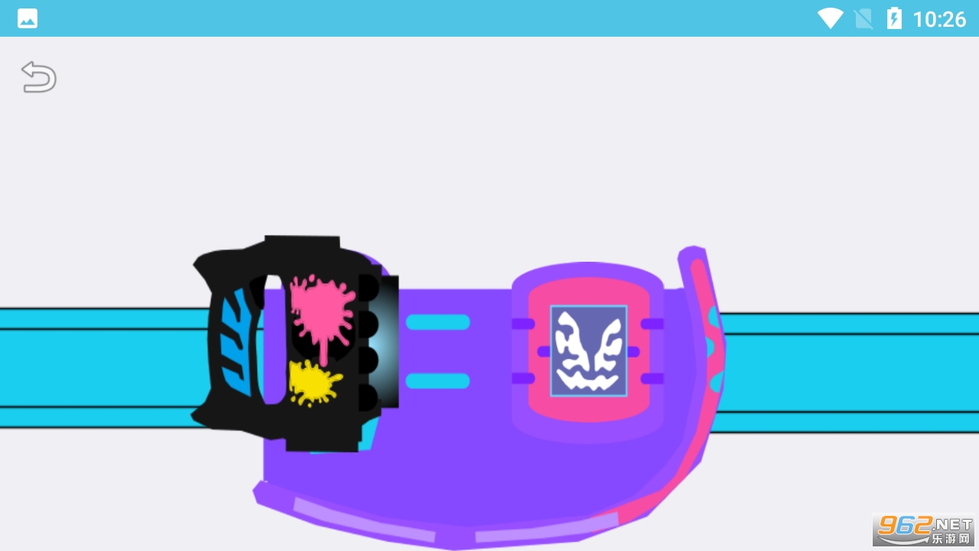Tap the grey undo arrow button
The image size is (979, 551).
click(x=39, y=77)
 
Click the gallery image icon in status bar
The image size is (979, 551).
click(x=27, y=19)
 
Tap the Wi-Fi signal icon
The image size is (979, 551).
click(x=831, y=19)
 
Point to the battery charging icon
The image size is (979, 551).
click(x=894, y=18)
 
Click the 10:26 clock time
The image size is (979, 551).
click(x=940, y=19)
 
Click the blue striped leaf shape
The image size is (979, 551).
click(x=237, y=342)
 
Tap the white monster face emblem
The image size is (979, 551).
click(x=589, y=350)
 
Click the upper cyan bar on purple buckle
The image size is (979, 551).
click(x=438, y=322)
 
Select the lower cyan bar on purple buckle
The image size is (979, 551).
click(x=438, y=381)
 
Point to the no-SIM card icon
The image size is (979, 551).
click(x=864, y=19)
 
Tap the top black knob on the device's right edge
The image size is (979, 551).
click(x=369, y=287)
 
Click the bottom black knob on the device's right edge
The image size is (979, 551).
click(x=369, y=397)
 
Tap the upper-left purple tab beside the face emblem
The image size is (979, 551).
click(x=523, y=324)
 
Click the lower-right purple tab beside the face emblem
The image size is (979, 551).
click(x=652, y=379)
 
